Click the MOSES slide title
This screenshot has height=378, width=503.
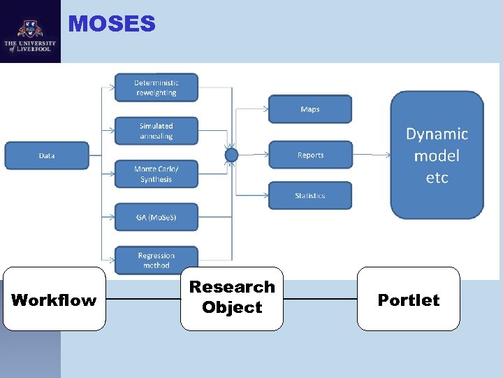112,24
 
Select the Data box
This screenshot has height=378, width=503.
47,155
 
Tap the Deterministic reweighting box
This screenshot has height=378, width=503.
156,87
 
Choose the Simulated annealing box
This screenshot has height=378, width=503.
156,131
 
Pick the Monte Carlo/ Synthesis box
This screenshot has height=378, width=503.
156,174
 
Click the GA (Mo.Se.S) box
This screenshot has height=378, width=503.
156,217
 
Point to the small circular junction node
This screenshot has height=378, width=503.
232,155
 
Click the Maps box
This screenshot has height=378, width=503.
310,109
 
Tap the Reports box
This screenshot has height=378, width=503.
310,155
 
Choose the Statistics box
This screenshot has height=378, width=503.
310,195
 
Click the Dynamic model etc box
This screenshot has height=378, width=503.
437,155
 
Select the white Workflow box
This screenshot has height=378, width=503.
54,300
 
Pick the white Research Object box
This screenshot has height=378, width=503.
232,297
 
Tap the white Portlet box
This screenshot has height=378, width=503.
409,300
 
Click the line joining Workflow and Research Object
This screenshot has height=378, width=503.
143,300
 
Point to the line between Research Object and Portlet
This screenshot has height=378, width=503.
320,300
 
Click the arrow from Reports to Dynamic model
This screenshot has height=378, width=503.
370,155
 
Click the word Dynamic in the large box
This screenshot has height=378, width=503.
437,134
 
